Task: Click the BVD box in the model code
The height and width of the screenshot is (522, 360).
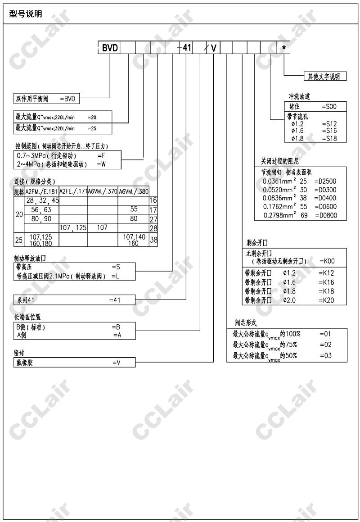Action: [109, 48]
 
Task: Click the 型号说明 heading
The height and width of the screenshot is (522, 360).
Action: [26, 14]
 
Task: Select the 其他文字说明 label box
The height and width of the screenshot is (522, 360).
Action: [324, 76]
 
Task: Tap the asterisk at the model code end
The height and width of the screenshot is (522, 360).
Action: [283, 48]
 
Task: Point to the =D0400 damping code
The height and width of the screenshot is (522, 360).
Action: [325, 198]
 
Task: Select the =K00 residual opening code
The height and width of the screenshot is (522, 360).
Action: [327, 261]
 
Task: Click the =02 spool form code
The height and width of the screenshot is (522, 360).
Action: [325, 345]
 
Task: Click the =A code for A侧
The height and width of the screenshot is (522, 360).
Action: [117, 335]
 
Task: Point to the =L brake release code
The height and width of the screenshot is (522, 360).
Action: [115, 276]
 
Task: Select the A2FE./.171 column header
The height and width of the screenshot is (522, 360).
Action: [73, 191]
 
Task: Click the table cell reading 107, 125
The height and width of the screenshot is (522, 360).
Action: [73, 228]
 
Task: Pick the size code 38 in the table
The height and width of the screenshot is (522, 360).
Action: [153, 240]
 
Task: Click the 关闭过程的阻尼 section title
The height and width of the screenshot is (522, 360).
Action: [280, 161]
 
